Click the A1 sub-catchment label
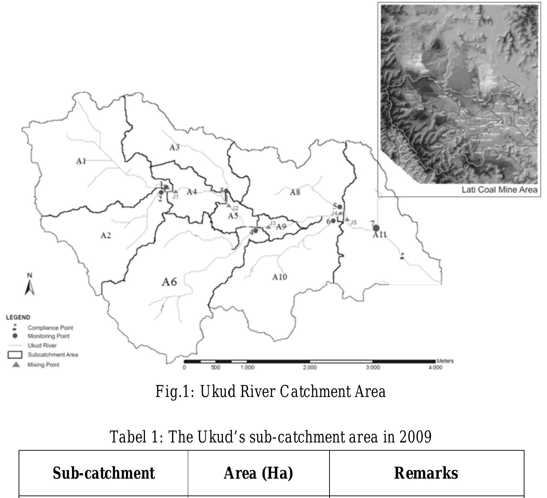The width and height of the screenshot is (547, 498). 81,161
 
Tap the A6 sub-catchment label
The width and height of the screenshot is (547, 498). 169,282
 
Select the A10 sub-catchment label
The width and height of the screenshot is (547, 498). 279,277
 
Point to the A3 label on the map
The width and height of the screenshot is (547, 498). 174,148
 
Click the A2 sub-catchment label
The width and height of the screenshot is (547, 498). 106,235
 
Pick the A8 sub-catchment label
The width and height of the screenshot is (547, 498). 295,192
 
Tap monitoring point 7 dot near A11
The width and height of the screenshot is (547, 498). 376,228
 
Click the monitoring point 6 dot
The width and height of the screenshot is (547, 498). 333,221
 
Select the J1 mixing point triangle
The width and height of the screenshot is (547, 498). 176,192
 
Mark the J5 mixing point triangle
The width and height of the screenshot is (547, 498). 347,219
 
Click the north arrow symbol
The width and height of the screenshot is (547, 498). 30,287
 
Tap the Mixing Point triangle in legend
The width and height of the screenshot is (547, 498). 16,365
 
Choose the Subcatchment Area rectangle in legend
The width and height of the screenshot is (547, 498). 15,355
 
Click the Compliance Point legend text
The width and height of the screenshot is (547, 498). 50,328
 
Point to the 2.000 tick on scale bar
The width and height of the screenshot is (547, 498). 309,368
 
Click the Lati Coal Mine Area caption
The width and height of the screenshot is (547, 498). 499,190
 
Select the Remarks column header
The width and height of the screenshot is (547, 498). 426,473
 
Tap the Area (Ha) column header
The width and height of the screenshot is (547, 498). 258,473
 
